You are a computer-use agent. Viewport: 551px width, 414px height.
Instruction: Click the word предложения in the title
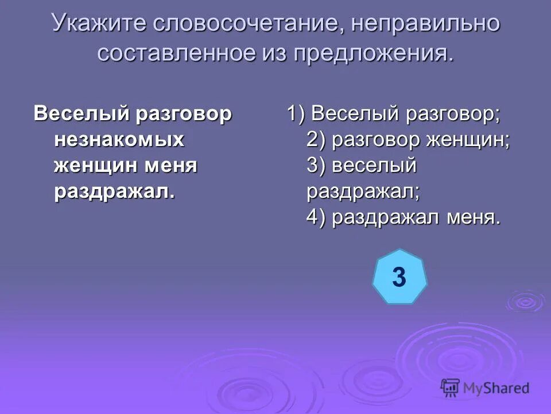pos(374,53)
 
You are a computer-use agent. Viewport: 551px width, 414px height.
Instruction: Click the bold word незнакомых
pos(119,140)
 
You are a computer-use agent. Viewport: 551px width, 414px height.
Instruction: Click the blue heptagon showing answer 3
pos(399,277)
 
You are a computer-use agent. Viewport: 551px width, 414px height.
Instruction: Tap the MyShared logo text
pos(497,389)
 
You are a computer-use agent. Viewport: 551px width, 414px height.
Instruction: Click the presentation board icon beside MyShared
pos(451,387)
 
